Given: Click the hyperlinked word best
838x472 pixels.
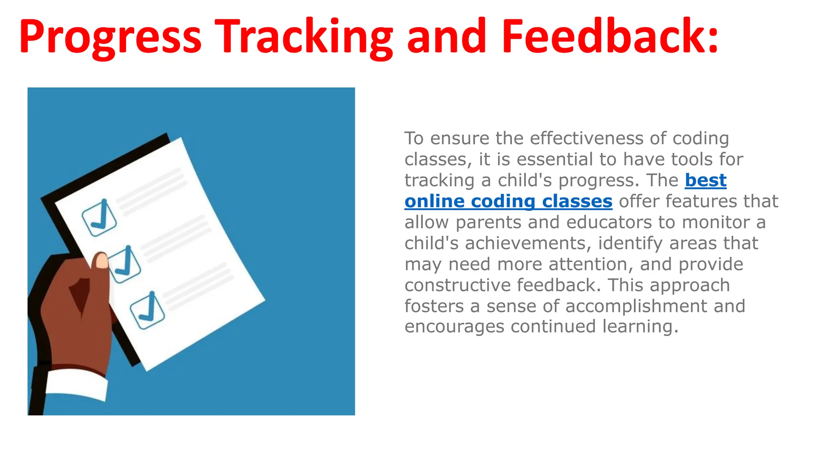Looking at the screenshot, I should (705, 180).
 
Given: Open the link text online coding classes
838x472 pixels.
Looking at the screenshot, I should (508, 201).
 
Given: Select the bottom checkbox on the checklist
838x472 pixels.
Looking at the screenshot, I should (147, 311).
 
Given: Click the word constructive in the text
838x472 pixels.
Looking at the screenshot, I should (457, 285).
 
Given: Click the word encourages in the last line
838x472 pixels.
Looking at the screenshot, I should (454, 327).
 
